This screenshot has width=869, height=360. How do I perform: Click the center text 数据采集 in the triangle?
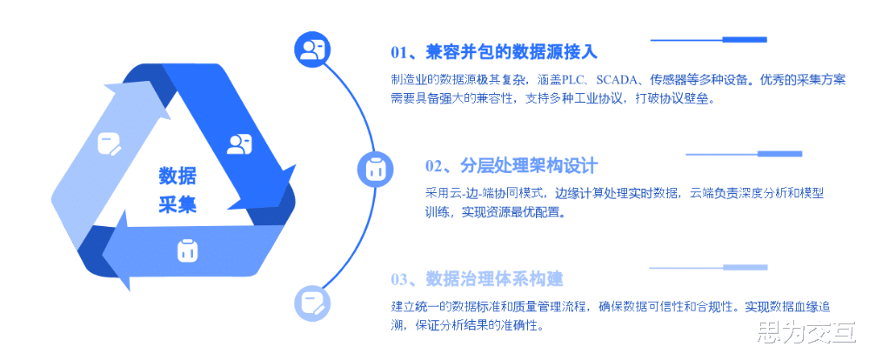[x=177, y=190]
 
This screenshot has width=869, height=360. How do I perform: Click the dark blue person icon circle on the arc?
[x=311, y=49]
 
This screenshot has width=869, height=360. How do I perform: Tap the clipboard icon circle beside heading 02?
[x=375, y=169]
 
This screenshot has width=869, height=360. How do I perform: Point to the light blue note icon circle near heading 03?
[x=311, y=302]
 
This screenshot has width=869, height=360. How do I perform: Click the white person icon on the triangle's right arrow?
[x=239, y=144]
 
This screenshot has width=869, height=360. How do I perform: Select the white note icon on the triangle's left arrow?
[x=111, y=143]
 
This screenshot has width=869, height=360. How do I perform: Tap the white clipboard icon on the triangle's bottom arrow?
[x=185, y=250]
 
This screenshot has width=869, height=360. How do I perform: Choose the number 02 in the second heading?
[x=434, y=166]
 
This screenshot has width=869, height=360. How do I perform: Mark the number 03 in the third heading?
[x=400, y=280]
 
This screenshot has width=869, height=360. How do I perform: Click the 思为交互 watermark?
[x=806, y=334]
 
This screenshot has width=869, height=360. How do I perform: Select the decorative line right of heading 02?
[x=743, y=154]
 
